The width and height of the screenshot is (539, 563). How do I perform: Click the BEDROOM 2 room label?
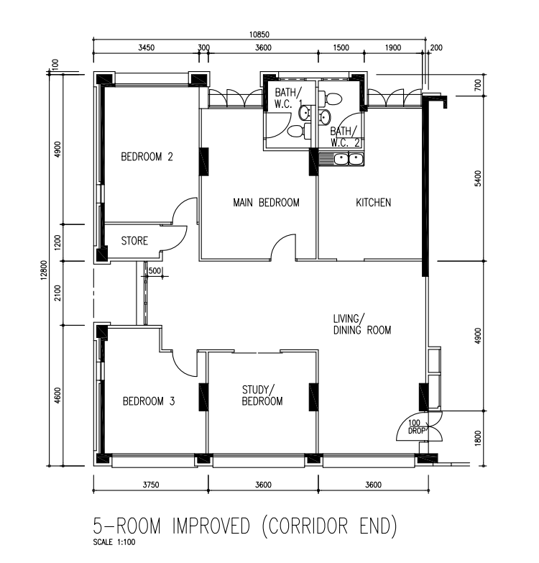[x=147, y=157]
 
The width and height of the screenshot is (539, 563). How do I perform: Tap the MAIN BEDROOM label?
[x=266, y=203]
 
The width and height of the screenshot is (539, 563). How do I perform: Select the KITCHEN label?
[x=373, y=203]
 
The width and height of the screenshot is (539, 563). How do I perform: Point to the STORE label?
[x=134, y=241]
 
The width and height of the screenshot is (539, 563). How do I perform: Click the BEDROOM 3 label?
[x=149, y=401]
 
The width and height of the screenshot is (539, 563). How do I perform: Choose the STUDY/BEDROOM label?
[x=262, y=395]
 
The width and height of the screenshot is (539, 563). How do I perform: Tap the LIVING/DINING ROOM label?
[x=362, y=324]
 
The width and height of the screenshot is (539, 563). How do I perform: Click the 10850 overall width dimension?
[x=259, y=35]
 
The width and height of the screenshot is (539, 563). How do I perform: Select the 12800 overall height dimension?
[x=44, y=270]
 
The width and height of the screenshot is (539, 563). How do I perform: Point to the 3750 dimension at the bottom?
[x=151, y=485]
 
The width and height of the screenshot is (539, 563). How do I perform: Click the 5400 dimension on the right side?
[x=478, y=178]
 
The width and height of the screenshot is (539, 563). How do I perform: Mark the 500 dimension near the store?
[x=155, y=271]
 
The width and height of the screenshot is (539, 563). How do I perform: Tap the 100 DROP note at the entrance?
[x=416, y=427]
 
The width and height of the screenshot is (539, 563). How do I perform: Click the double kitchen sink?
[x=348, y=159]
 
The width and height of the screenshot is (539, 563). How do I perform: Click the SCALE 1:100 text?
[x=114, y=542]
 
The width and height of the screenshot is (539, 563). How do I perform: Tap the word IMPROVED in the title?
[x=211, y=526]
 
